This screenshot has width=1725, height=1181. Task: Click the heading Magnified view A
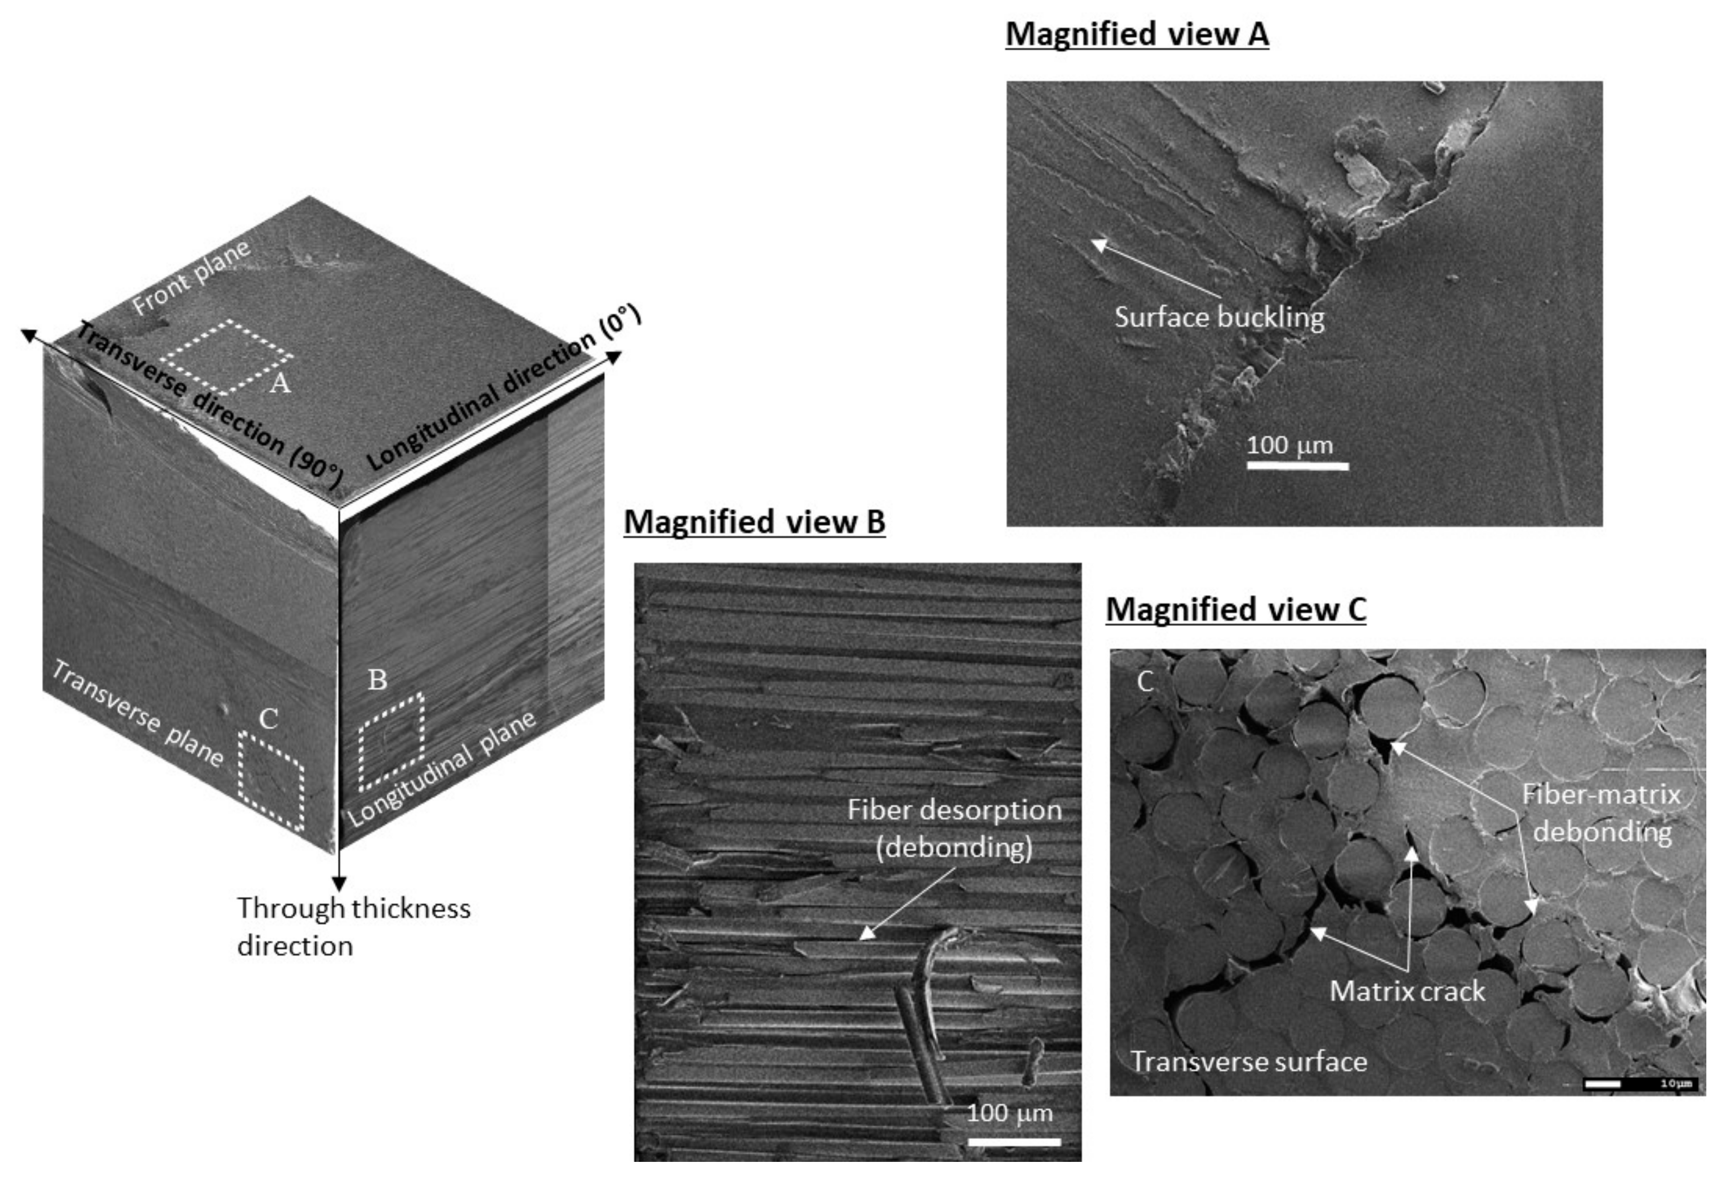click(x=1136, y=35)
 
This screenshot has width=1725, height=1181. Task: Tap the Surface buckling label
click(x=1219, y=318)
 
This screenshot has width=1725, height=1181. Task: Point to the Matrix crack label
click(x=1407, y=991)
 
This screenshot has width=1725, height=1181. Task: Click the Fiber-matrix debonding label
click(x=1601, y=813)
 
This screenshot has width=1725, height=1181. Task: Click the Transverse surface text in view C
click(x=1248, y=1062)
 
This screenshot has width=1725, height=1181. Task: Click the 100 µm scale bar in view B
click(x=1014, y=1141)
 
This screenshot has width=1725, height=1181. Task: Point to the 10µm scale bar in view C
click(x=1640, y=1084)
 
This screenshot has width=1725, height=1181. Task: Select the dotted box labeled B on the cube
click(x=391, y=742)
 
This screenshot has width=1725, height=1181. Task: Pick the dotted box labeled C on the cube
click(x=271, y=780)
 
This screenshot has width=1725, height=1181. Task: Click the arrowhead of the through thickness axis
click(x=339, y=883)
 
